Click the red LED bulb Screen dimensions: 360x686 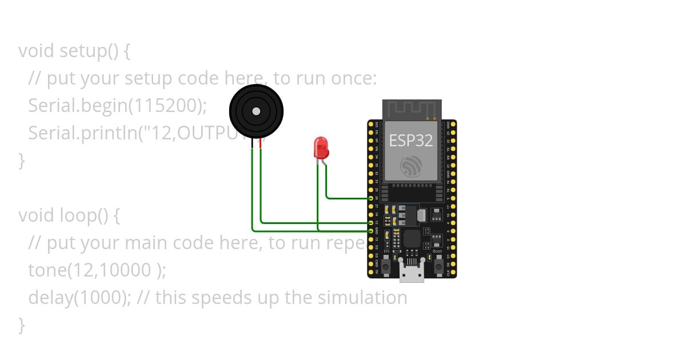coord(321,147)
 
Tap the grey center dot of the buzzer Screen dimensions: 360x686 coord(256,111)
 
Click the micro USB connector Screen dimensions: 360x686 coord(412,274)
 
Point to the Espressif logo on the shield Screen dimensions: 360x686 coord(412,166)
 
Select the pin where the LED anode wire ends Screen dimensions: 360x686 coord(371,198)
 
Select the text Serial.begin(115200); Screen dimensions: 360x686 coord(117,106)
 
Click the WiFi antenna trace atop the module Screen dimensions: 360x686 coord(412,109)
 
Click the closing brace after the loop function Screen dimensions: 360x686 coord(22,325)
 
